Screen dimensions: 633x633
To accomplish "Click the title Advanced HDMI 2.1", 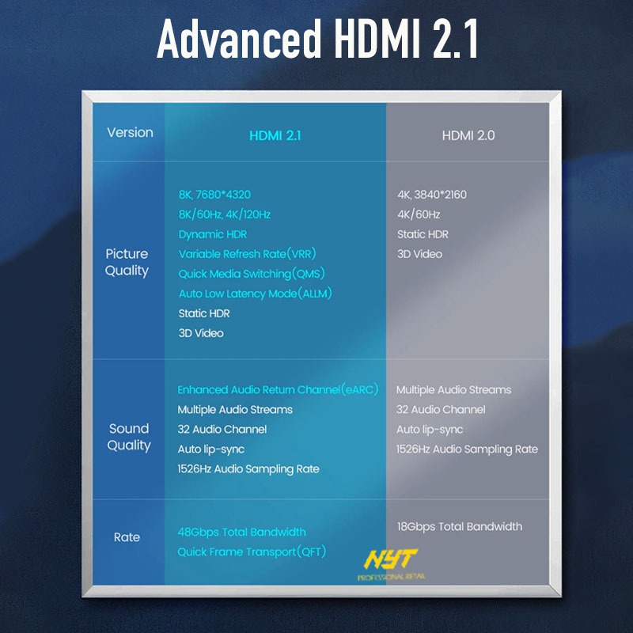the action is [317, 38].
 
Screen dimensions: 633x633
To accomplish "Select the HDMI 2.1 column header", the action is [275, 135].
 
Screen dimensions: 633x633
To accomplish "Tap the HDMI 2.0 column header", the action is [468, 135].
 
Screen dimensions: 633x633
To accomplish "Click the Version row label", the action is [130, 132].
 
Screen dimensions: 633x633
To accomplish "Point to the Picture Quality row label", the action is [127, 263].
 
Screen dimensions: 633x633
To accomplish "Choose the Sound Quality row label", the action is [129, 438].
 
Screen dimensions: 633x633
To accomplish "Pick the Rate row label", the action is [127, 537].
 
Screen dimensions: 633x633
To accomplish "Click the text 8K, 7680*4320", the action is [214, 195].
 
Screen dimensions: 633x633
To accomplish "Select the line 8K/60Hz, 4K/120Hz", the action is [225, 214].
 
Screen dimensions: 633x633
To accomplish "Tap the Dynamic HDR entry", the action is [213, 234].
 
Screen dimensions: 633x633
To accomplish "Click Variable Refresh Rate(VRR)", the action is [247, 254].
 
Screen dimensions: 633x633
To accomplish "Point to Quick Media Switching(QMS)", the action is [252, 274].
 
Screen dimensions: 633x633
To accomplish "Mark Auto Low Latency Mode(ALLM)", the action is [255, 294].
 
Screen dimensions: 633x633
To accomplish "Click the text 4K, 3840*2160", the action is [432, 195].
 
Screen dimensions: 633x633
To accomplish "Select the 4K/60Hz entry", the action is [419, 214].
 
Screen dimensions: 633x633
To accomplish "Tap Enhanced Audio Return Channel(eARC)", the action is [278, 389].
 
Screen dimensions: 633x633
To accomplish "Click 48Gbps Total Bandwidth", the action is [242, 532].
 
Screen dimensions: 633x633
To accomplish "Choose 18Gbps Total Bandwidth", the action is [460, 526].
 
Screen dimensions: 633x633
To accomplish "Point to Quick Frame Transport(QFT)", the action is [252, 552].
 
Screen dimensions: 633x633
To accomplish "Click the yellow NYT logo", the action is [390, 559].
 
